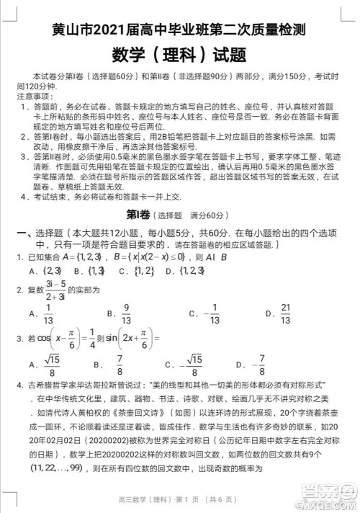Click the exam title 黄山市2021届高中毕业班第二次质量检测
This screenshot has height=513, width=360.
click(179, 30)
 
